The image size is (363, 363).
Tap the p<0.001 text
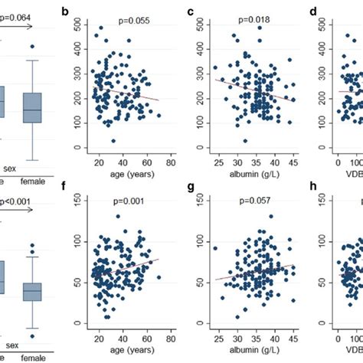click(x=17, y=202)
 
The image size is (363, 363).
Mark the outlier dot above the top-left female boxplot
click(x=32, y=47)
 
